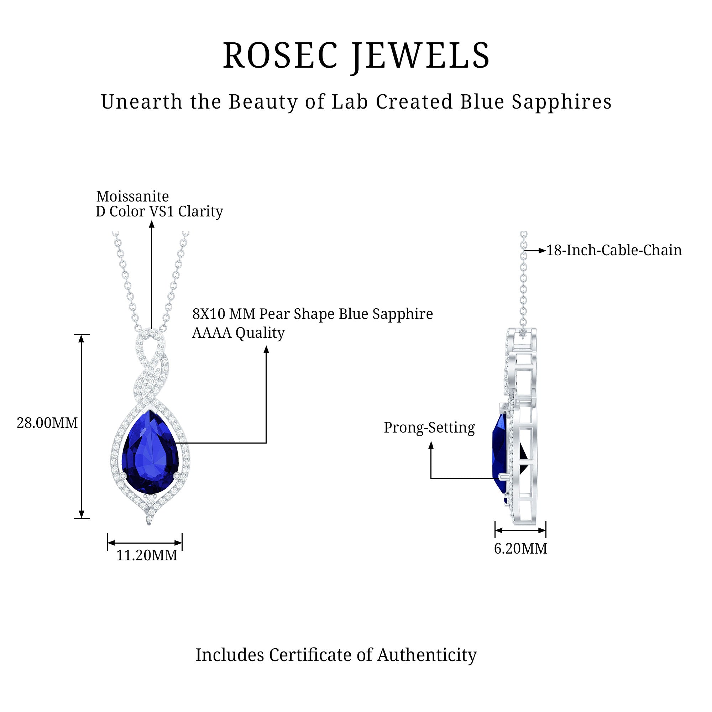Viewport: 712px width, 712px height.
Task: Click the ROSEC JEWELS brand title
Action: pyautogui.click(x=356, y=56)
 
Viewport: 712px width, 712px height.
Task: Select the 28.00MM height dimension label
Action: pyautogui.click(x=47, y=423)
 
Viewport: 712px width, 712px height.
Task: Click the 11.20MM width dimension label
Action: pyautogui.click(x=147, y=555)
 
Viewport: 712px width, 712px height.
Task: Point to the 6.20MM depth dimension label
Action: pyautogui.click(x=520, y=548)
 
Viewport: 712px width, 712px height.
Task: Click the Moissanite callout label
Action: pyautogui.click(x=132, y=197)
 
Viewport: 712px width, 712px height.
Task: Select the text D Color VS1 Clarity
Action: pyautogui.click(x=159, y=211)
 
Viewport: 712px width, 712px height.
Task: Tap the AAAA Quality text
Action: pyautogui.click(x=238, y=333)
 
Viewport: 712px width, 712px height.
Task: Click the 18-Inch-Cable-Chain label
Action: pyautogui.click(x=614, y=250)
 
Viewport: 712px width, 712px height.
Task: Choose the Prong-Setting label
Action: pyautogui.click(x=429, y=428)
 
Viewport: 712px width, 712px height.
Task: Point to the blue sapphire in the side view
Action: pyautogui.click(x=500, y=453)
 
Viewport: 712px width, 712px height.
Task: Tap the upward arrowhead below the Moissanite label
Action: pyautogui.click(x=151, y=224)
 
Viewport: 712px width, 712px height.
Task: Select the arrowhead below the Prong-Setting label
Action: pyautogui.click(x=431, y=445)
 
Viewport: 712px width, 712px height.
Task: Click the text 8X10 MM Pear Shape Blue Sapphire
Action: pyautogui.click(x=312, y=314)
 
